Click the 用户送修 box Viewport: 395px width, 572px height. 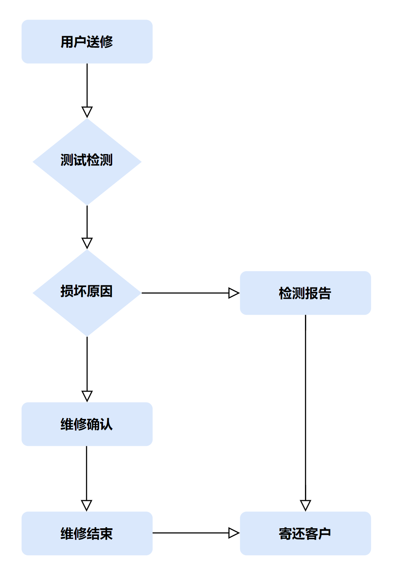87,42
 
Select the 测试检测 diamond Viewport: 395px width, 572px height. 87,161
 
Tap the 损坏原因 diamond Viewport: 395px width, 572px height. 87,293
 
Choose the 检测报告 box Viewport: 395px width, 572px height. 305,293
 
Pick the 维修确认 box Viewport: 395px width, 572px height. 87,424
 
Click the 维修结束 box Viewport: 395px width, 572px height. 87,533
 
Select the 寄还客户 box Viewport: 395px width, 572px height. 305,533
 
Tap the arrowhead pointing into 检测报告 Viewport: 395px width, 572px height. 233,293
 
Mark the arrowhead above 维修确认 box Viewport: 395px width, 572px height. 87,396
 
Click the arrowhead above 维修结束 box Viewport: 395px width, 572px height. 87,505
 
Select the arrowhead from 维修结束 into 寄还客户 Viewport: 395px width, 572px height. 233,533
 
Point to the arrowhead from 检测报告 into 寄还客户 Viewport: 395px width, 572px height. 305,505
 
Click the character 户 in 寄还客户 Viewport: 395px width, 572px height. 325,534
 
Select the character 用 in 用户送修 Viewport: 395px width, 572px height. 67,42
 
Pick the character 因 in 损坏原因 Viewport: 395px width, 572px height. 106,291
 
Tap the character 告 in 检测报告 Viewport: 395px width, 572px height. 325,293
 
